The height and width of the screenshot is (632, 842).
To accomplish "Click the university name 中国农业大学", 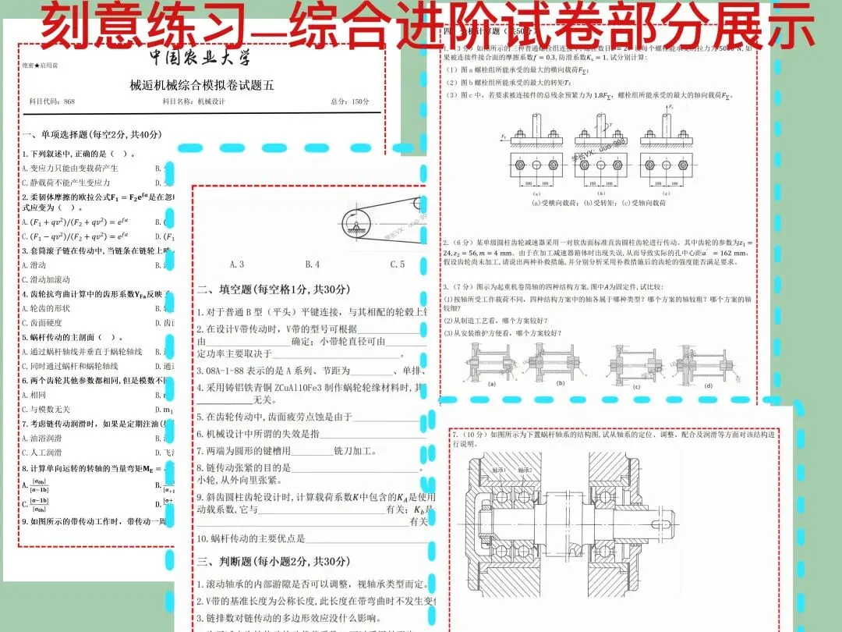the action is [x=201, y=59].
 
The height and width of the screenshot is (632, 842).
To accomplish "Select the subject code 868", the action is [x=69, y=102].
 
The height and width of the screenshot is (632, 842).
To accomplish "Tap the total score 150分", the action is [x=359, y=102].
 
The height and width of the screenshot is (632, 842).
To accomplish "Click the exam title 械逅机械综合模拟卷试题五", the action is [x=202, y=86].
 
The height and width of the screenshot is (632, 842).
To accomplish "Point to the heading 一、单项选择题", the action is [x=92, y=134].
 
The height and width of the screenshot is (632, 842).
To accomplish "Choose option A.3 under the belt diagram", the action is [x=237, y=265].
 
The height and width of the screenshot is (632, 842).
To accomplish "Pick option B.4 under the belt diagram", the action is [x=312, y=265].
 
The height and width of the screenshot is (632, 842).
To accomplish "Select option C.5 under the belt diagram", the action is [x=397, y=265].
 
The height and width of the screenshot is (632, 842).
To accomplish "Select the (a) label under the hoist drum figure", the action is [x=491, y=385].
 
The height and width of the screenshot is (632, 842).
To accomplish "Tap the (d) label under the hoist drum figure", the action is [x=707, y=385].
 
